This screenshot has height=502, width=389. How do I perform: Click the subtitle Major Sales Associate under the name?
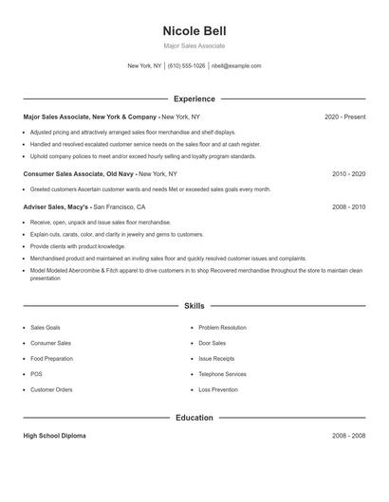[x=194, y=45]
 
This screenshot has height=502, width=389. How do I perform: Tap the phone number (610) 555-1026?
[x=187, y=66]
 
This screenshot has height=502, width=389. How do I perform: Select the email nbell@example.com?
[x=236, y=66]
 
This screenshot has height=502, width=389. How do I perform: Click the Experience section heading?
[x=194, y=99]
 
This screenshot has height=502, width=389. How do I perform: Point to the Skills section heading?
[x=194, y=306]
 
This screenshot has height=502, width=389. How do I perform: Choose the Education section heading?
[x=194, y=418]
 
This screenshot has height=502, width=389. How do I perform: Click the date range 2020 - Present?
[x=344, y=117]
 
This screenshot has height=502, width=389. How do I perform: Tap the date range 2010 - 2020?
[x=348, y=174]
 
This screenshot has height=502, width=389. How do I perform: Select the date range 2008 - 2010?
[x=348, y=206]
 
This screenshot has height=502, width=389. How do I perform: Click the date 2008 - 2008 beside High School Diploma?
[x=348, y=436]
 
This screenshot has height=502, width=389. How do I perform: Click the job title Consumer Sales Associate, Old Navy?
[x=80, y=174]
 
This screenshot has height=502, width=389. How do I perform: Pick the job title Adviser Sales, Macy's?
[x=56, y=206]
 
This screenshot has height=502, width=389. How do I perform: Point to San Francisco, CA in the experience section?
[x=119, y=206]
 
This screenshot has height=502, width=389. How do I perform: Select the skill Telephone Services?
[x=222, y=374]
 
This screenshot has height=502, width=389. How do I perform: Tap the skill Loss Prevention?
[x=217, y=389]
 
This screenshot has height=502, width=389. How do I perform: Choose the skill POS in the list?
[x=36, y=374]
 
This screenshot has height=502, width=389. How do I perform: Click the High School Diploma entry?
[x=55, y=436]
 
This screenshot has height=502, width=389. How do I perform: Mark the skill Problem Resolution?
[x=223, y=328]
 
